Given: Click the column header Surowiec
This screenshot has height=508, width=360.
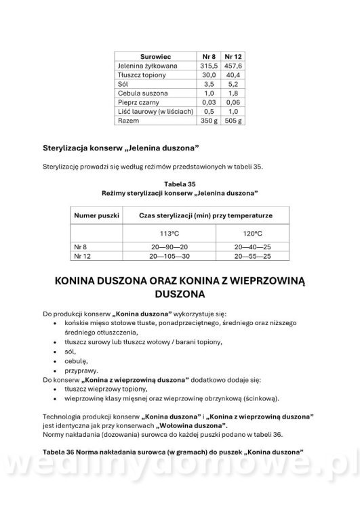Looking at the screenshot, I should click(x=155, y=56).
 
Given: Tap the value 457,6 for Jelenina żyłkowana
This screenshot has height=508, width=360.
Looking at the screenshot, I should click(x=233, y=65).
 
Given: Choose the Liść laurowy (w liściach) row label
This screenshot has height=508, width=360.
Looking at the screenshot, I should click(x=155, y=111).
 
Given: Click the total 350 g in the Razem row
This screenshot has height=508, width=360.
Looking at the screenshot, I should click(x=209, y=121).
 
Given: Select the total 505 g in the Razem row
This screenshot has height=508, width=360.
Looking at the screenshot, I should click(x=233, y=121).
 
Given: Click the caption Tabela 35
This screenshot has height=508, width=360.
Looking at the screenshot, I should click(x=180, y=183).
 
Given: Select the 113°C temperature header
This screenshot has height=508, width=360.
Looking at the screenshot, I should click(x=169, y=234).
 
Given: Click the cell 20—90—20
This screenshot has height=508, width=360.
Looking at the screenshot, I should click(x=169, y=248).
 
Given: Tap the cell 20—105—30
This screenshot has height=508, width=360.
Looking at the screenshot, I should click(x=169, y=257).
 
